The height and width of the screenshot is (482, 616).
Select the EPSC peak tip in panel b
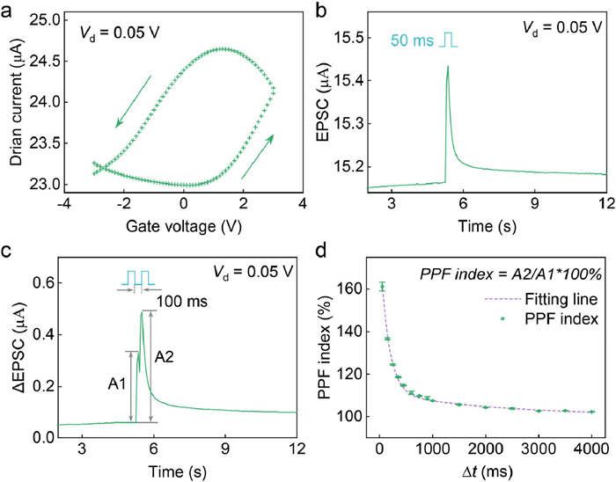pos(447,66)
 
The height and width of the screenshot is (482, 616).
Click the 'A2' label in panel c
pos(165,356)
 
